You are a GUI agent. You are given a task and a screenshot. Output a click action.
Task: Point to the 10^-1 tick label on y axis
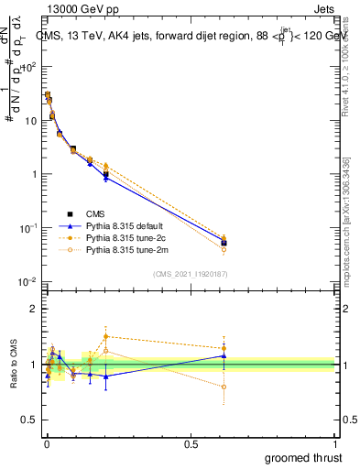pos(29,227)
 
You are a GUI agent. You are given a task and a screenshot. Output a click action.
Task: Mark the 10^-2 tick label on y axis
pos(29,281)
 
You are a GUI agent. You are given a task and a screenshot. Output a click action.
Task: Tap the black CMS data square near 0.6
pos(224,243)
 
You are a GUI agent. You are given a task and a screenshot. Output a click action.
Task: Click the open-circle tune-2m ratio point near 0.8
pos(224,387)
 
